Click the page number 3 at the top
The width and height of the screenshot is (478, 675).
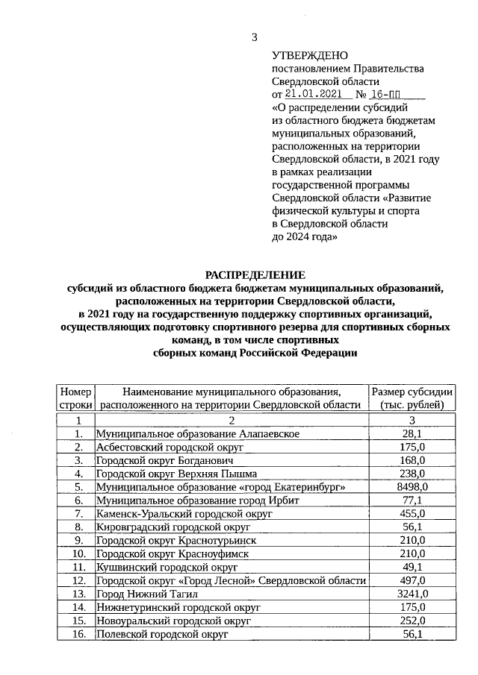coord(254,37)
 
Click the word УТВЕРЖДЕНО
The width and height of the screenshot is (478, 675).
coord(309,55)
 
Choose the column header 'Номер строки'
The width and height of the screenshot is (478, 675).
coord(75,398)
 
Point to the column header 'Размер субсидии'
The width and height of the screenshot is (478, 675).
coord(412,398)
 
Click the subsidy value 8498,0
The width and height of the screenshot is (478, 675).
coord(412,486)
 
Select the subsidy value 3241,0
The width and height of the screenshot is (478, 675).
coord(412,594)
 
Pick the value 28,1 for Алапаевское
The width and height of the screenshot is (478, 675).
coord(412,433)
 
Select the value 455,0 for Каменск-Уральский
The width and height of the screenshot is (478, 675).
coord(412,513)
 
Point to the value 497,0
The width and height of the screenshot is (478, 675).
coord(412,580)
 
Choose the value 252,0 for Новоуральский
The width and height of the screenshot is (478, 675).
coord(412,621)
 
